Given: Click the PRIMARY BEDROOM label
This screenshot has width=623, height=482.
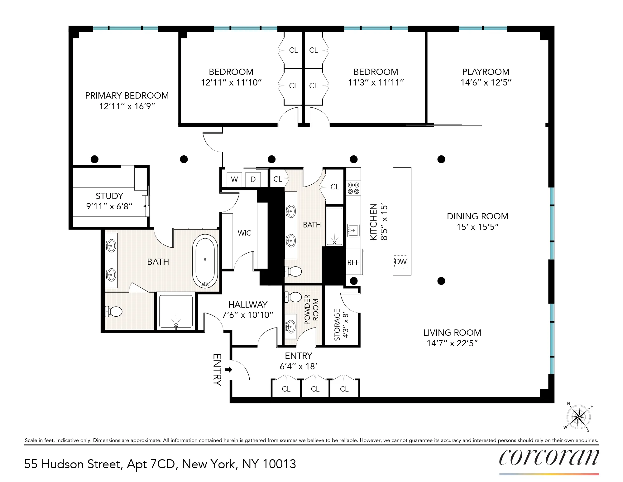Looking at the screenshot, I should point(127,95).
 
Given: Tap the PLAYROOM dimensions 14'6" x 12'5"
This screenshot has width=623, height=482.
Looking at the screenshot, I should point(486,82).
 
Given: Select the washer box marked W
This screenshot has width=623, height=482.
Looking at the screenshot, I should point(234,179).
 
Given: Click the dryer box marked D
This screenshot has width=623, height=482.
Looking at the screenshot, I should point(253,179).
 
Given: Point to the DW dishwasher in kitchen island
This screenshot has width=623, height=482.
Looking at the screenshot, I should point(401,261).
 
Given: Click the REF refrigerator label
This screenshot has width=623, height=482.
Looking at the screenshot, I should point(353,263).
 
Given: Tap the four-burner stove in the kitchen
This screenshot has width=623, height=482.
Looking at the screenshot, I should point(353,188).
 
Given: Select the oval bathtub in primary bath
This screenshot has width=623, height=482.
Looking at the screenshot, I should point(205,260).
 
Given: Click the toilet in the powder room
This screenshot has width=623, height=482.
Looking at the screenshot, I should point(294,297).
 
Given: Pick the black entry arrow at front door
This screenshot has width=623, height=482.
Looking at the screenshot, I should point(229,370).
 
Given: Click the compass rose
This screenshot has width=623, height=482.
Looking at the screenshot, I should point(578,417).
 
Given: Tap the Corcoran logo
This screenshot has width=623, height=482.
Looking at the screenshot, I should point(549,458).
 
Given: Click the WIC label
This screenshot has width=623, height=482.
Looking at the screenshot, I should point(244,233).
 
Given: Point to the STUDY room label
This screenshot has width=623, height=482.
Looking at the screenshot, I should point(109,196).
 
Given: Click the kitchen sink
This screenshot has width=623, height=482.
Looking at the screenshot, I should point(353,231).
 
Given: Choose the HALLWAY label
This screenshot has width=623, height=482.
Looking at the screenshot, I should point(248,304).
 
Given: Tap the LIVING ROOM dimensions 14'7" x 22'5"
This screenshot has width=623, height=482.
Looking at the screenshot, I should point(452,343).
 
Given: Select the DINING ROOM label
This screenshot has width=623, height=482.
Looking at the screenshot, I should point(477,216).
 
